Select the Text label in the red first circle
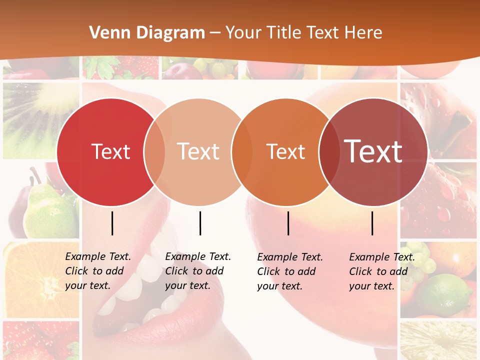point(110,151)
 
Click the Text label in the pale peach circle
point(198,151)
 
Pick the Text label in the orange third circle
point(285,151)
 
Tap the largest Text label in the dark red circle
point(373,151)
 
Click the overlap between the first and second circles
point(154,151)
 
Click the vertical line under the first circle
point(112,223)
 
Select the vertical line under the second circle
point(200,223)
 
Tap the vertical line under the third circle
point(288,223)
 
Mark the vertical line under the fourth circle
point(372,223)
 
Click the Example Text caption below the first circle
point(97,271)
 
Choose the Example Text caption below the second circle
point(197,271)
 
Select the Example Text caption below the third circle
point(289,271)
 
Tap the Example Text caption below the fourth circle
point(381,271)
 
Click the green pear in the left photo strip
point(47,210)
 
